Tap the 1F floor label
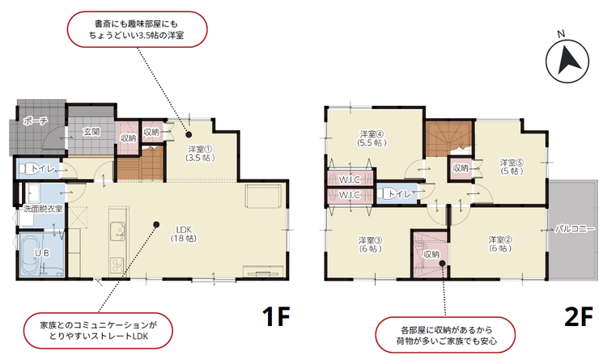[276, 316]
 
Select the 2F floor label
[579, 316]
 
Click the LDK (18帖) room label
[184, 234]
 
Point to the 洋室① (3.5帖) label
[200, 153]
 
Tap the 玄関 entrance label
[91, 132]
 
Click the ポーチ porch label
[36, 121]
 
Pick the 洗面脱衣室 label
[43, 209]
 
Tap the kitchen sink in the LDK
[117, 231]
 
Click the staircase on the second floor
[449, 138]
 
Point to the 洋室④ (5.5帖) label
[372, 138]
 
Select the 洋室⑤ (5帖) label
[512, 167]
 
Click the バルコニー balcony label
[575, 229]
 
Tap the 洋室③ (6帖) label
[370, 244]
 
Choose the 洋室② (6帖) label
[500, 244]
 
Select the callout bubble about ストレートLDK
[98, 331]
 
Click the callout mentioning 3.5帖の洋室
[137, 29]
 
